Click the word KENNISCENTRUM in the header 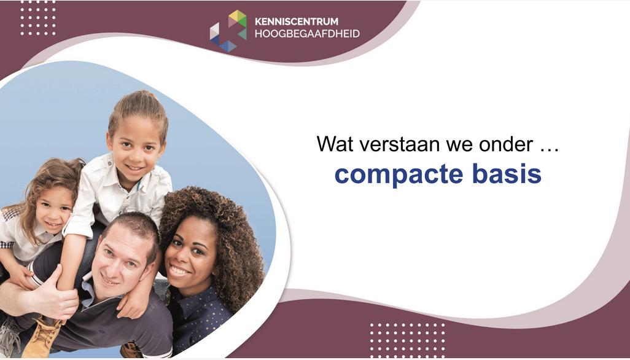pyautogui.click(x=297, y=22)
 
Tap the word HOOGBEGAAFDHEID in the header pyautogui.click(x=307, y=34)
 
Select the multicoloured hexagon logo pyautogui.click(x=228, y=31)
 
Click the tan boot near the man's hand pyautogui.click(x=42, y=336)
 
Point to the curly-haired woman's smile pyautogui.click(x=179, y=271)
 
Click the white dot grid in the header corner pyautogui.click(x=38, y=18)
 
